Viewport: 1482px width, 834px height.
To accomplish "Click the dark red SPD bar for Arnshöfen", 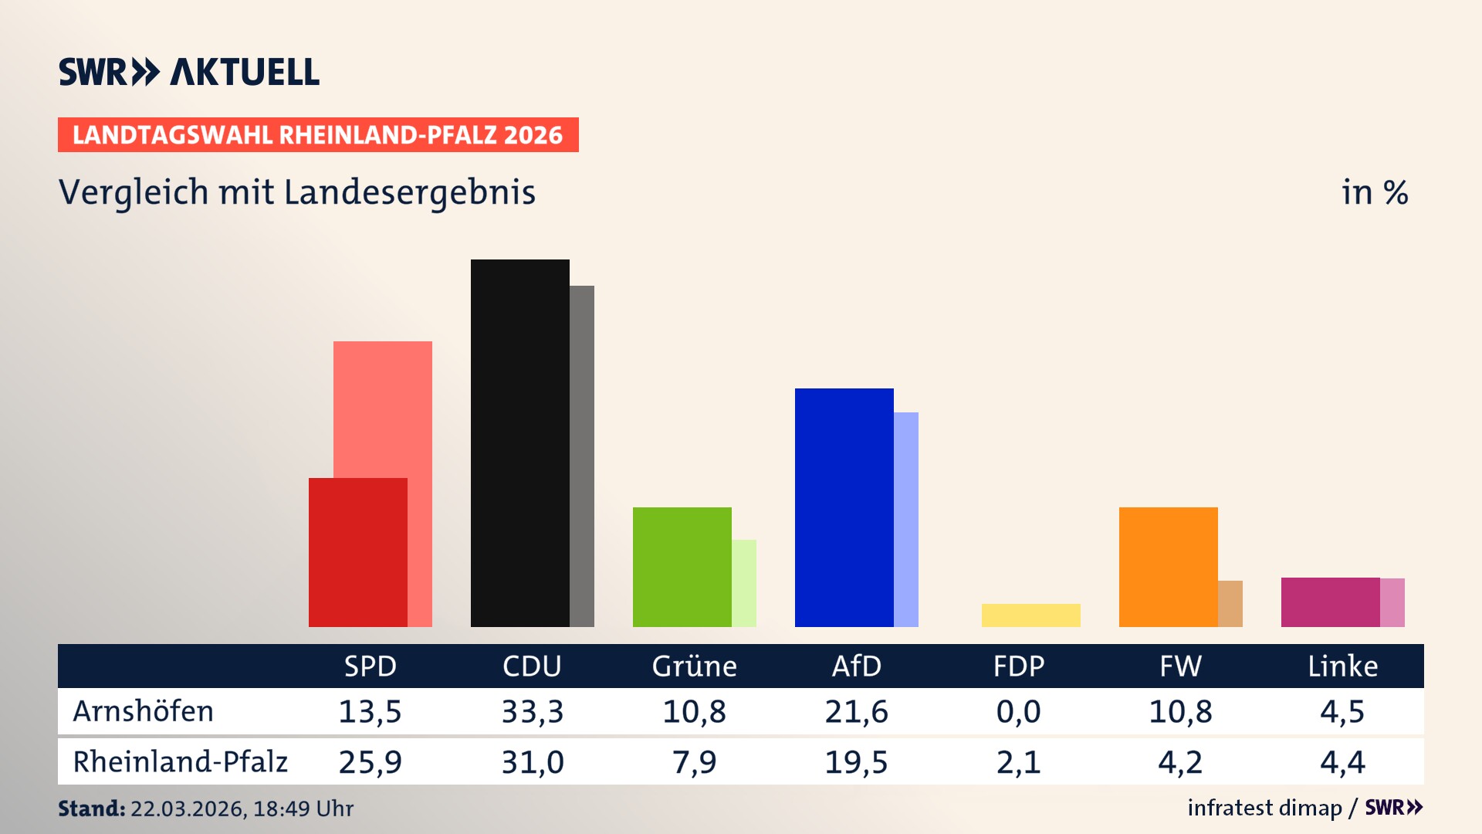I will pyautogui.click(x=357, y=552).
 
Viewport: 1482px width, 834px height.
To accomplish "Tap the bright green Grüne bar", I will pyautogui.click(x=682, y=567).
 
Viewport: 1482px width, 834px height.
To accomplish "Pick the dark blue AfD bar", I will pyautogui.click(x=844, y=507).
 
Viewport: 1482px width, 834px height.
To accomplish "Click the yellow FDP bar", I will pyautogui.click(x=1030, y=615).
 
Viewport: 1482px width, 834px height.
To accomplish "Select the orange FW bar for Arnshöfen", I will pyautogui.click(x=1168, y=567).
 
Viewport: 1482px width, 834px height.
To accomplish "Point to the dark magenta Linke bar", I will pyautogui.click(x=1330, y=602).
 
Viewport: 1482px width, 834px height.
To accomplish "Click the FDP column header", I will pyautogui.click(x=1018, y=666).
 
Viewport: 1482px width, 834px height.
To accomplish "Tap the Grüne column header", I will pyautogui.click(x=694, y=666).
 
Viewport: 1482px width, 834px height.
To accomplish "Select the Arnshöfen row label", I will pyautogui.click(x=144, y=711).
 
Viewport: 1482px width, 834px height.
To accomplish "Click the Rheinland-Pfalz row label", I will pyautogui.click(x=180, y=762).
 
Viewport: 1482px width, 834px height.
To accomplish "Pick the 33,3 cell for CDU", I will pyautogui.click(x=532, y=711).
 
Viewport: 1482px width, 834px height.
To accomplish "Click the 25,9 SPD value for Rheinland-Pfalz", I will pyautogui.click(x=370, y=762).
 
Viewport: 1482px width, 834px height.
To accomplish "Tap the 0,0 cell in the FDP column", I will pyautogui.click(x=1018, y=711).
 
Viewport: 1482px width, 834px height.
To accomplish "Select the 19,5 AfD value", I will pyautogui.click(x=856, y=762).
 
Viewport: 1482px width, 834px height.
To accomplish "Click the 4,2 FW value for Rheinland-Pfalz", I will pyautogui.click(x=1180, y=762).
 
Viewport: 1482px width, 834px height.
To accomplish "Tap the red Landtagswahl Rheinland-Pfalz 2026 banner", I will pyautogui.click(x=318, y=134).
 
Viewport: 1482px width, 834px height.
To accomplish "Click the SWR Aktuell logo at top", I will pyautogui.click(x=189, y=72).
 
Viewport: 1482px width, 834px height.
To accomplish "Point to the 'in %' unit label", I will pyautogui.click(x=1375, y=192).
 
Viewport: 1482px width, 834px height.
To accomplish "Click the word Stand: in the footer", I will pyautogui.click(x=91, y=809).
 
